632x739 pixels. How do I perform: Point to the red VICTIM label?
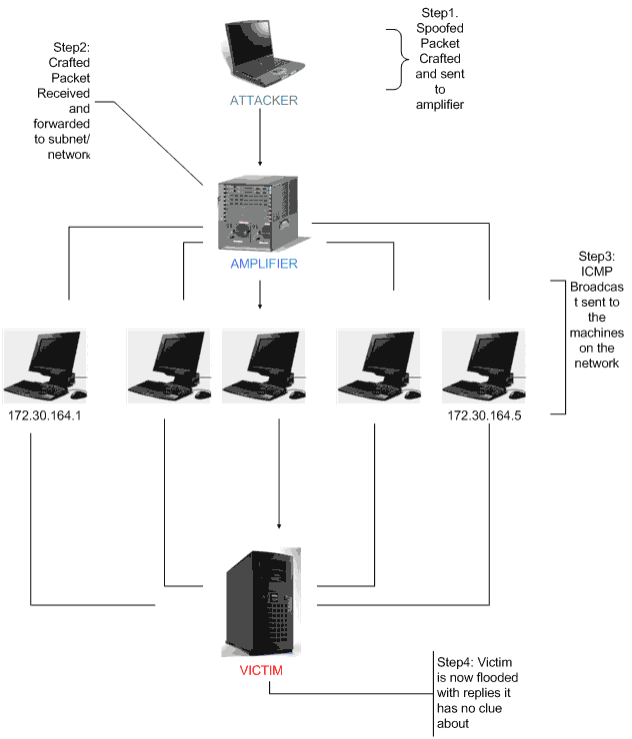tap(260, 670)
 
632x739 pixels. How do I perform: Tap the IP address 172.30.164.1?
tap(44, 415)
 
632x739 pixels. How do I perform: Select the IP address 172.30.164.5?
tap(484, 415)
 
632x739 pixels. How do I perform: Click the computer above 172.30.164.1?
tap(44, 365)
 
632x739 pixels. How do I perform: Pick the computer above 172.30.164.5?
tap(484, 365)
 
